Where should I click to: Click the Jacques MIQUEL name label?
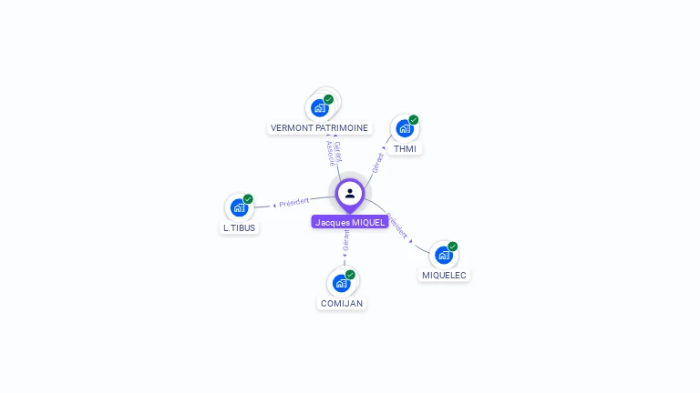click(350, 222)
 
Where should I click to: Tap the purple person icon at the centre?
click(350, 193)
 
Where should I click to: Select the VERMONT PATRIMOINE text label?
click(319, 128)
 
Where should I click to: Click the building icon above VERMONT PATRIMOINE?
click(319, 107)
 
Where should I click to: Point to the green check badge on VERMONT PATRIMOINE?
click(329, 99)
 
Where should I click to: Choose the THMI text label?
click(405, 148)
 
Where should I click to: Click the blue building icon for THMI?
click(405, 128)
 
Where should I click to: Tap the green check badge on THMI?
click(414, 120)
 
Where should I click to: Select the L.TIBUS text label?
click(239, 227)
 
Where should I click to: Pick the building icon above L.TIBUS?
click(239, 207)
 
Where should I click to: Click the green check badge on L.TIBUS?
click(248, 199)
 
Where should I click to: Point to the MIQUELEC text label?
click(444, 275)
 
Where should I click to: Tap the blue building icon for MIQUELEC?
click(444, 255)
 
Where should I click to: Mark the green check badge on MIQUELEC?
click(453, 247)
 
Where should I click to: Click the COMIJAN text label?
click(342, 303)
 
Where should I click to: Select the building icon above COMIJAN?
click(342, 283)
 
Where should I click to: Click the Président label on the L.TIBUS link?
click(294, 201)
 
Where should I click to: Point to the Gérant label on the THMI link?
click(378, 163)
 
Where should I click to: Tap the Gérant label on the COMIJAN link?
click(345, 241)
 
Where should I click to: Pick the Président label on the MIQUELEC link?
click(398, 226)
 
